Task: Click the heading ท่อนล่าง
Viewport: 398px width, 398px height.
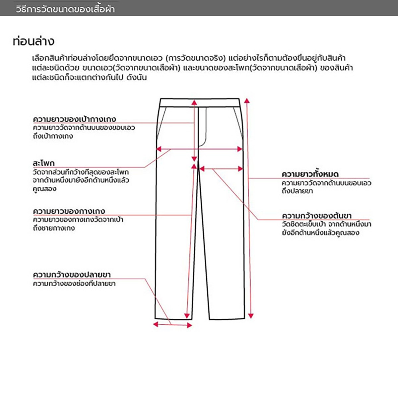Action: [33, 41]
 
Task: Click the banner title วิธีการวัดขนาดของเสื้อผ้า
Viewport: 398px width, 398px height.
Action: [65, 9]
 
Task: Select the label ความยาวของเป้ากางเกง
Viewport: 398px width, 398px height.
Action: [74, 119]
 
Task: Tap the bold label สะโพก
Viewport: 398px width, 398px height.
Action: [43, 163]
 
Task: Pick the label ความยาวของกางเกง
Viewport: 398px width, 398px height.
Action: [69, 211]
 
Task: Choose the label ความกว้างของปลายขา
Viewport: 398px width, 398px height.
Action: [72, 275]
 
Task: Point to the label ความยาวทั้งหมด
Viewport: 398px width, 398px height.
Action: [310, 174]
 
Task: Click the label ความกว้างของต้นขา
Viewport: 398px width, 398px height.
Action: [316, 216]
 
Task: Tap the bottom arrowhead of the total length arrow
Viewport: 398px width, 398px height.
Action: [251, 315]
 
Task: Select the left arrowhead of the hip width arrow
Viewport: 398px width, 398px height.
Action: [159, 149]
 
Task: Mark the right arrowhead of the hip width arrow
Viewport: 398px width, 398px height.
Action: [240, 149]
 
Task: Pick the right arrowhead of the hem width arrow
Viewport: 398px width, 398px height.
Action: [190, 325]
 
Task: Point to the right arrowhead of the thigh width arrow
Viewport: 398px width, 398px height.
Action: [240, 169]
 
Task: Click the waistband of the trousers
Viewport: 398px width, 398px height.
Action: [200, 102]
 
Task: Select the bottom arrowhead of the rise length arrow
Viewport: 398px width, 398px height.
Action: [194, 159]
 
